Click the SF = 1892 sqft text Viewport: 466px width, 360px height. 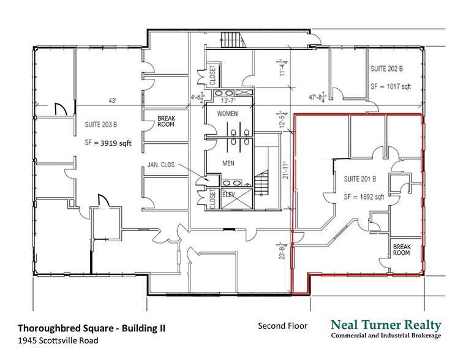[364, 197]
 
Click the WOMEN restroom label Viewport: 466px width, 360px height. [227, 114]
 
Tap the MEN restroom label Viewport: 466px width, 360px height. [227, 163]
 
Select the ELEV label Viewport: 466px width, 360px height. [228, 194]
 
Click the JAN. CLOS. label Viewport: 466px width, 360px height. [161, 165]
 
